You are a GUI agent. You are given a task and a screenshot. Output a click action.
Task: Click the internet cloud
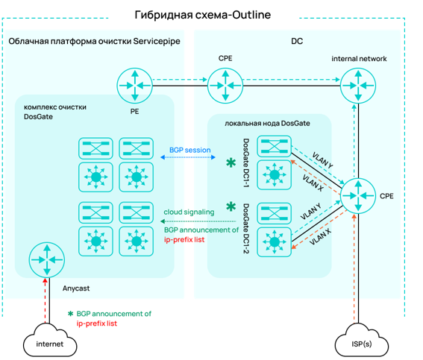click(x=50, y=341)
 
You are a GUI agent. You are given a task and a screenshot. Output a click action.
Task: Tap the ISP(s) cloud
click(x=362, y=341)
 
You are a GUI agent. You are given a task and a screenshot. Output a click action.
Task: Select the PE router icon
click(x=134, y=86)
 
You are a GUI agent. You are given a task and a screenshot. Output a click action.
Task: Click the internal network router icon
click(x=358, y=86)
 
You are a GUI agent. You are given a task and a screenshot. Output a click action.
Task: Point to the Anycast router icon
click(x=47, y=260)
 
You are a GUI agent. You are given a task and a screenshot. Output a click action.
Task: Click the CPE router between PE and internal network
click(x=225, y=86)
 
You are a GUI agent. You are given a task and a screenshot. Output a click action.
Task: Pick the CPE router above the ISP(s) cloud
click(x=358, y=196)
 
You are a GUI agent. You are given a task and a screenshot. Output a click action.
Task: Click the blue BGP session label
click(x=190, y=150)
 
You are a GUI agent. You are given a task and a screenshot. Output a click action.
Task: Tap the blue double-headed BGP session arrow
click(x=188, y=157)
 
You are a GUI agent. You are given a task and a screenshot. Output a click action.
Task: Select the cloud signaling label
click(x=189, y=212)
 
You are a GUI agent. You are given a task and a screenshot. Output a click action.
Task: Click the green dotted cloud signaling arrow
click(x=198, y=221)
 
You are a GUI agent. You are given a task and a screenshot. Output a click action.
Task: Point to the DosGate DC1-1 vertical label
click(x=246, y=162)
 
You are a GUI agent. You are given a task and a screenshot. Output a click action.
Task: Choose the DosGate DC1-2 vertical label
click(x=246, y=228)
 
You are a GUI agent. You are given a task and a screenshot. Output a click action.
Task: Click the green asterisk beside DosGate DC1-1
click(x=231, y=162)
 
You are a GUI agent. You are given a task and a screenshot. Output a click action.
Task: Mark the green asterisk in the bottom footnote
click(x=70, y=314)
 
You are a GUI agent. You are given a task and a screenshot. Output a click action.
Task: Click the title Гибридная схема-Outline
click(x=203, y=15)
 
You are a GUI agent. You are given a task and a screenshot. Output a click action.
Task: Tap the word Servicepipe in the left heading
click(x=157, y=41)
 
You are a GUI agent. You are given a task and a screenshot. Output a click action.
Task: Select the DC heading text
click(x=297, y=41)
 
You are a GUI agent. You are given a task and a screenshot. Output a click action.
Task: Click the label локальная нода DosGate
click(x=267, y=124)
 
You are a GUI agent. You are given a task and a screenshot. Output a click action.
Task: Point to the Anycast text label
click(x=76, y=288)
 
